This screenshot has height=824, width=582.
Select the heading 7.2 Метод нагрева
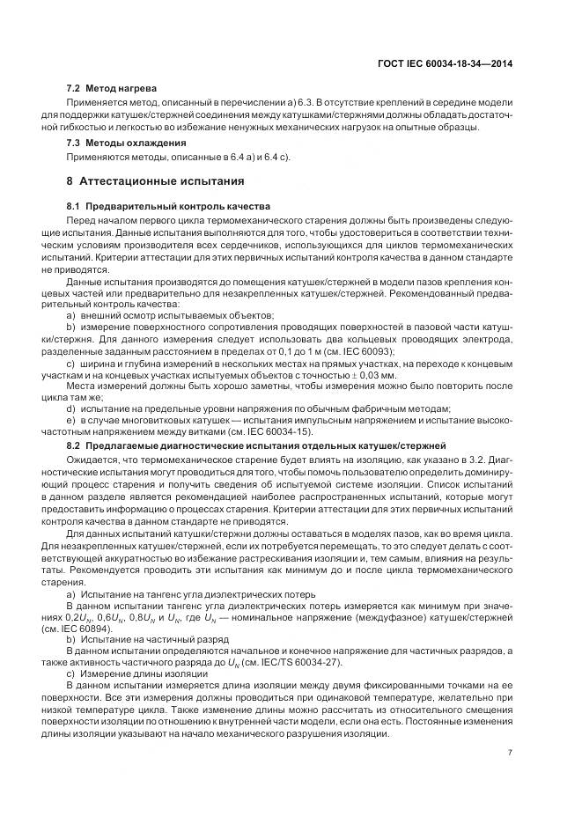pos(112,89)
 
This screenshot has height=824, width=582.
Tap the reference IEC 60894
pos(107,630)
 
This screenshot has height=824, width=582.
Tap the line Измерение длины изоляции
pos(147,673)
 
